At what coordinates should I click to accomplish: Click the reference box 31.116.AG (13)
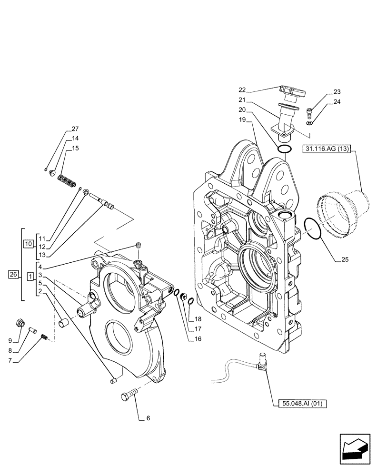326,149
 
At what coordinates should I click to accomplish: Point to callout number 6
148,418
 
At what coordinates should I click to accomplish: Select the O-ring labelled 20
285,149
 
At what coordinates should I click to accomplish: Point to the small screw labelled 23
310,113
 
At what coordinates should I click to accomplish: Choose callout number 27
75,129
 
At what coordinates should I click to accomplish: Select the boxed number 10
28,244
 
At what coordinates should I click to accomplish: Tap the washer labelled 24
309,123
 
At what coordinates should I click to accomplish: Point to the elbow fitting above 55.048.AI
262,360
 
